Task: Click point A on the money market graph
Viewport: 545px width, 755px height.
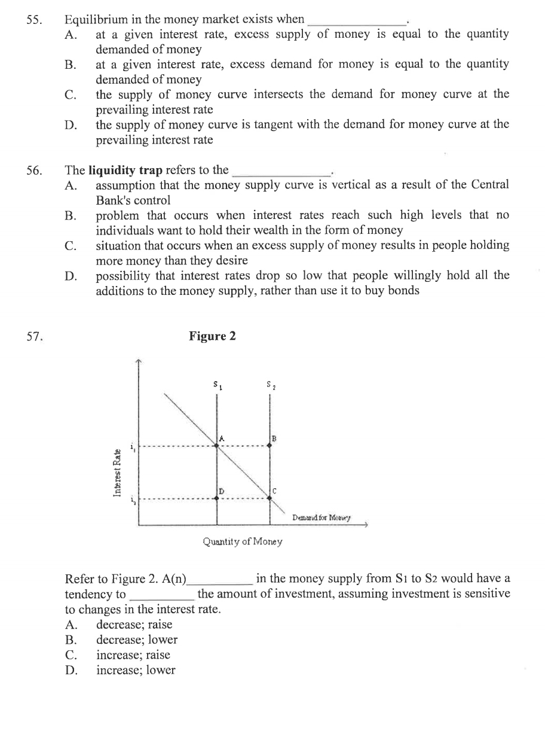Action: [217, 445]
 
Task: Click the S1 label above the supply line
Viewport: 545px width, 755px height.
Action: [216, 384]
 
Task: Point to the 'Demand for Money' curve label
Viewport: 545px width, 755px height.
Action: [322, 517]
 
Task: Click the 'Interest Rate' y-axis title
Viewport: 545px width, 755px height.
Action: [117, 473]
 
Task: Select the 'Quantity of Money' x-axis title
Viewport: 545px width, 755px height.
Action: [242, 542]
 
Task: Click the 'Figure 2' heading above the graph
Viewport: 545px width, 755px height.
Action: [212, 336]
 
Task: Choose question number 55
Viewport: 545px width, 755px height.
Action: [34, 19]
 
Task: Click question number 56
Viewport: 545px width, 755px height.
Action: [34, 171]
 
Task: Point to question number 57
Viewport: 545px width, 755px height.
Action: [34, 336]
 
